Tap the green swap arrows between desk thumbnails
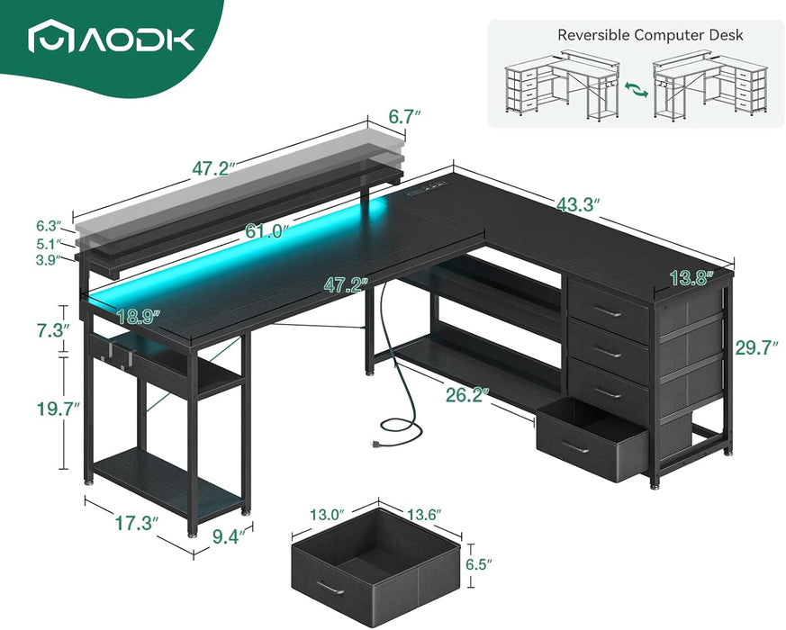click(636, 91)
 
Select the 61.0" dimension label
click(267, 231)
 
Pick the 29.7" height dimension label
click(757, 348)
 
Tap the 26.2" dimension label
click(465, 393)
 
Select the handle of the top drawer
click(608, 312)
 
